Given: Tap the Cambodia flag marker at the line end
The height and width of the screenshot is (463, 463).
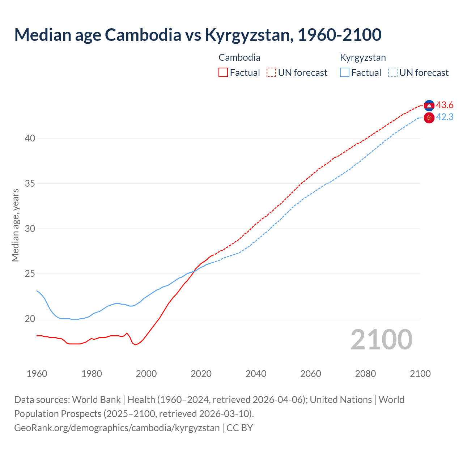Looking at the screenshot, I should [x=429, y=105].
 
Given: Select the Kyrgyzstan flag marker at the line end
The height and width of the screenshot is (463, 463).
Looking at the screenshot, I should [x=429, y=118].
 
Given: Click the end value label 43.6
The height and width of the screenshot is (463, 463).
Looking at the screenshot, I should [x=445, y=105].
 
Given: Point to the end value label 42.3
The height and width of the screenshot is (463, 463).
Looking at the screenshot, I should [x=445, y=117].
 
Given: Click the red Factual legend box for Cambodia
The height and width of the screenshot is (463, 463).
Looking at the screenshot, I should [x=223, y=73].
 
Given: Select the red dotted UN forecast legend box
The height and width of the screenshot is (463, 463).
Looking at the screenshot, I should [x=271, y=73].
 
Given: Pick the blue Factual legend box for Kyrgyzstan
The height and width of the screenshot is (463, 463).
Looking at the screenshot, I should [x=345, y=73].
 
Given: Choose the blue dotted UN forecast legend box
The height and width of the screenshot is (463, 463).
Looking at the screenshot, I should [x=393, y=73].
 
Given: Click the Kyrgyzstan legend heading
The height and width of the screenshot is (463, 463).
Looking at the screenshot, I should [x=363, y=58].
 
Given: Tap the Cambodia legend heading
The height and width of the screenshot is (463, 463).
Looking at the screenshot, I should [x=239, y=58].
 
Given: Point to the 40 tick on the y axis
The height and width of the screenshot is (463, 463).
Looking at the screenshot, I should [x=30, y=139].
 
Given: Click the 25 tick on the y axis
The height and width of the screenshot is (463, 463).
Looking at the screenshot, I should [x=30, y=274].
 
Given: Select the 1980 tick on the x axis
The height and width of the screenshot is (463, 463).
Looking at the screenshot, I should [x=92, y=374].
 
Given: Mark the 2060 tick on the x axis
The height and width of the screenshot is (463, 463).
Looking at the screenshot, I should [x=311, y=374].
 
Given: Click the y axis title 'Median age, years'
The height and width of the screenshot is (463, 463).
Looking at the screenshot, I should [x=15, y=225].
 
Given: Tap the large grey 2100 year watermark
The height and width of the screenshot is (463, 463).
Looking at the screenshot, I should [x=381, y=340].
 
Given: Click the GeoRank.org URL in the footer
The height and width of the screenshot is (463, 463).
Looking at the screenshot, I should [x=117, y=428].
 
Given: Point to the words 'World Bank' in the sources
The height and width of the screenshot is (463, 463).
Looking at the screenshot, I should [x=96, y=400].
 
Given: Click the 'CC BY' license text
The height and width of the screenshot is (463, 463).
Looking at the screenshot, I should [x=239, y=428].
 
